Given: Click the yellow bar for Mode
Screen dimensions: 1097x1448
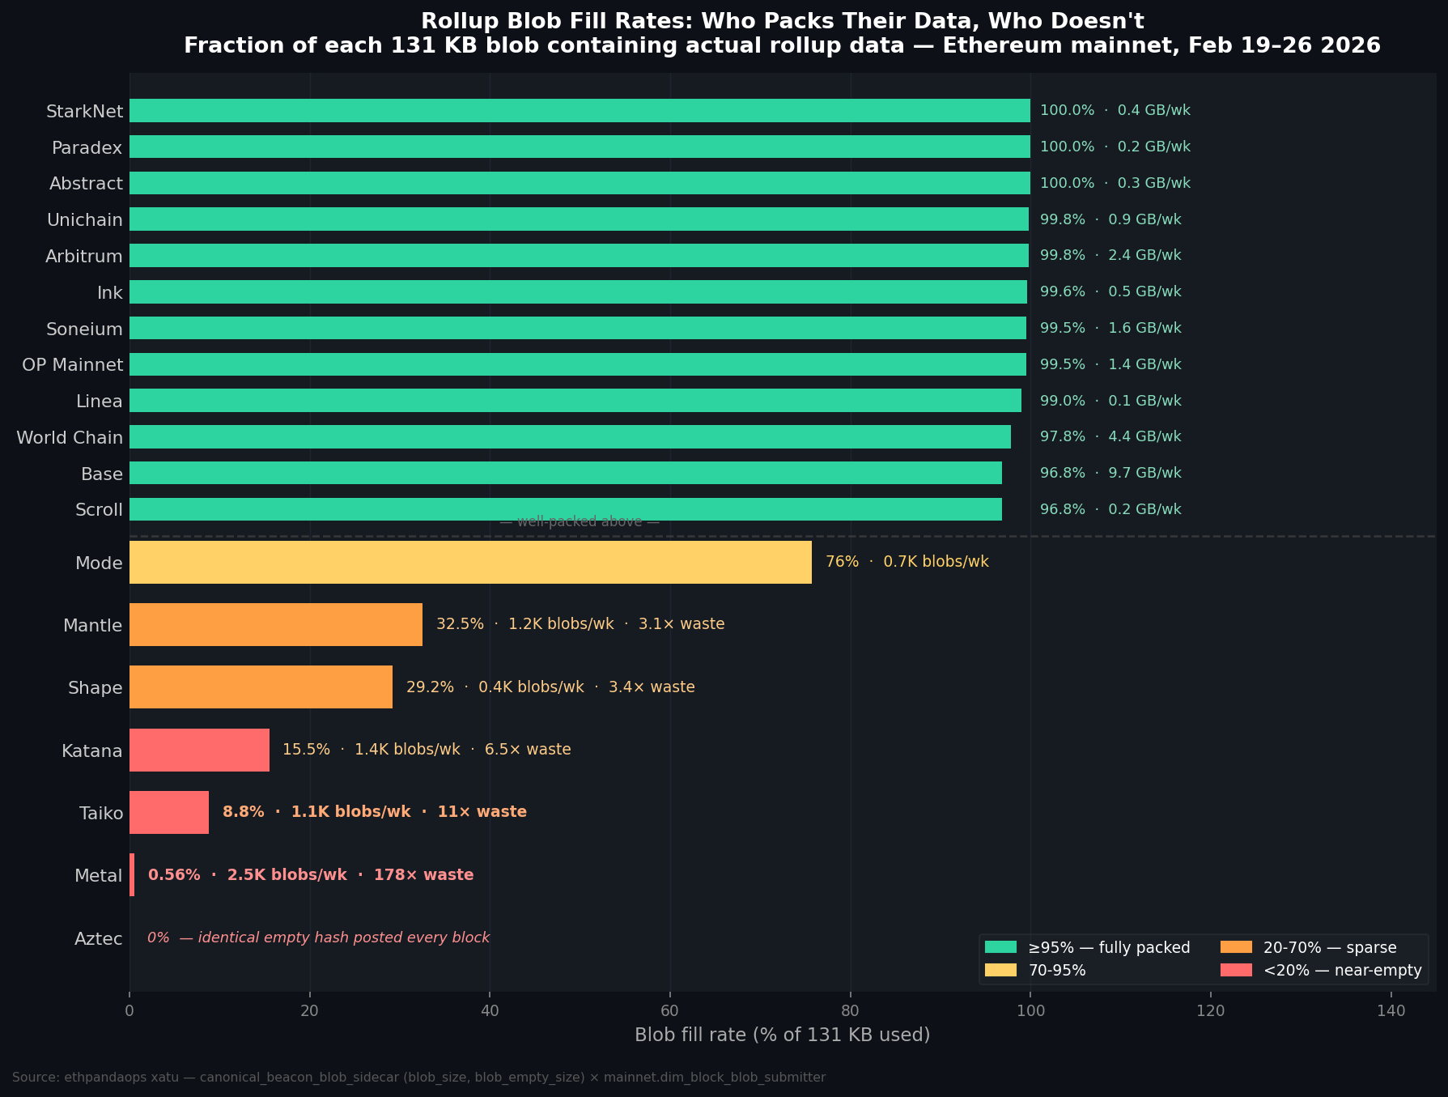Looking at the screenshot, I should [469, 562].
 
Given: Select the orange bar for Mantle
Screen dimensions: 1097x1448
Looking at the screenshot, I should [275, 624].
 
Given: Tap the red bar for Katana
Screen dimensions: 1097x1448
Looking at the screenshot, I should [199, 750].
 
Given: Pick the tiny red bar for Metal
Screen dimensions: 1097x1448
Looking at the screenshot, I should [132, 874].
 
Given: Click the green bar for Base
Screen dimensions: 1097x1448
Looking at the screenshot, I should [565, 473].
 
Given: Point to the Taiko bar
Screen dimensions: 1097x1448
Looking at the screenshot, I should [168, 812].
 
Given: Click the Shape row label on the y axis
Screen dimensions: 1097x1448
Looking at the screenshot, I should [96, 688].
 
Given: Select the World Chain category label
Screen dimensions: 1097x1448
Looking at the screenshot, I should [70, 438].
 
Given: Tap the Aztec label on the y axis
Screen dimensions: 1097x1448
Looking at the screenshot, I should [99, 939].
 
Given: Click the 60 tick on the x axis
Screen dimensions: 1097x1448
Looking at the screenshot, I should [670, 1010].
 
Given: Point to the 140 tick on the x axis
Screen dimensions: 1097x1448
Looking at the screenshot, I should [1391, 1010].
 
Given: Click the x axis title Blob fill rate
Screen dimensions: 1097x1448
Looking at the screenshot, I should [782, 1035].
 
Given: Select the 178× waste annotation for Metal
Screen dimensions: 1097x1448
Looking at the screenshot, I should [423, 875].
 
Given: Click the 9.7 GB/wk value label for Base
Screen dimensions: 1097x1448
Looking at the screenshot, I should [1144, 473].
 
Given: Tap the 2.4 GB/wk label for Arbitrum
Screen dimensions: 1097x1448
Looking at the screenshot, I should [1144, 256].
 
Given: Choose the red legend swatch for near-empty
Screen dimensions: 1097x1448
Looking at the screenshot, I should [1236, 970].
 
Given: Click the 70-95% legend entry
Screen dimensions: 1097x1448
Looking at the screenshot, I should [1057, 970].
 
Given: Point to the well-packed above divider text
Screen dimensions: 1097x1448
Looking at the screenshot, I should [580, 521].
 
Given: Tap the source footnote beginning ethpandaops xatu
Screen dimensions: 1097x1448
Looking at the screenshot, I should [418, 1078].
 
